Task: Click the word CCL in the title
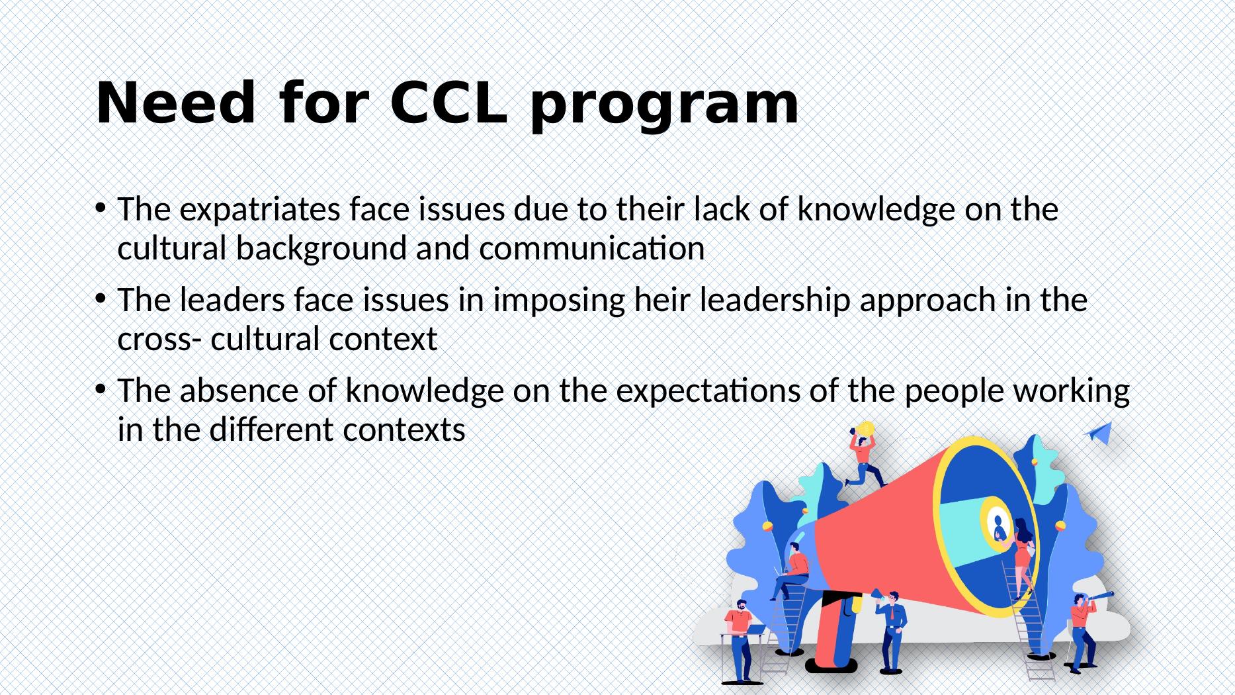[x=448, y=104]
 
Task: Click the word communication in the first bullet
[x=591, y=250]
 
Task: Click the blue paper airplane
[x=1098, y=434]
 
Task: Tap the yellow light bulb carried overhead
[x=865, y=429]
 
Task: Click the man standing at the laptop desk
[x=740, y=635]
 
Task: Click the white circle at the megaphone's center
[x=997, y=526]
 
